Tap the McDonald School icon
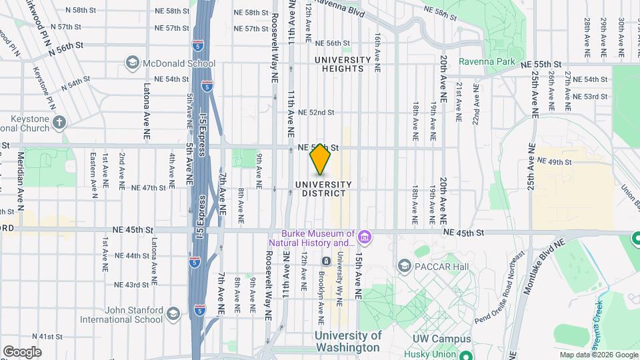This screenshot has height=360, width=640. pos(131,63)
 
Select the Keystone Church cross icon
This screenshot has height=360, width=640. pos(59,122)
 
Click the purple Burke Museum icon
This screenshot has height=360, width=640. pos(364,237)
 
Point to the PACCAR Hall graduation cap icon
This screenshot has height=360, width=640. pos(404,267)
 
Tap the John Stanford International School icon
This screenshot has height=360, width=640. pos(173,314)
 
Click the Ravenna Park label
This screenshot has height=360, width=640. pos(482,62)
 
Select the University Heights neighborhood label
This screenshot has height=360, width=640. pos(342,64)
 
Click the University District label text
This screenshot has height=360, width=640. pos(323,189)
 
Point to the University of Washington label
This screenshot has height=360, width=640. pos(347,341)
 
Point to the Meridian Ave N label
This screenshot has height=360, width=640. pos(20,175)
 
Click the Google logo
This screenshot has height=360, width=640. pos(22,351)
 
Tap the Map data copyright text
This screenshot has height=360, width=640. pos(598,355)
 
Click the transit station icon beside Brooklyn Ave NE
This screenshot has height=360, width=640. pos(326,261)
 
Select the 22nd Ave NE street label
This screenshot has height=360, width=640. pos(476,103)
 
